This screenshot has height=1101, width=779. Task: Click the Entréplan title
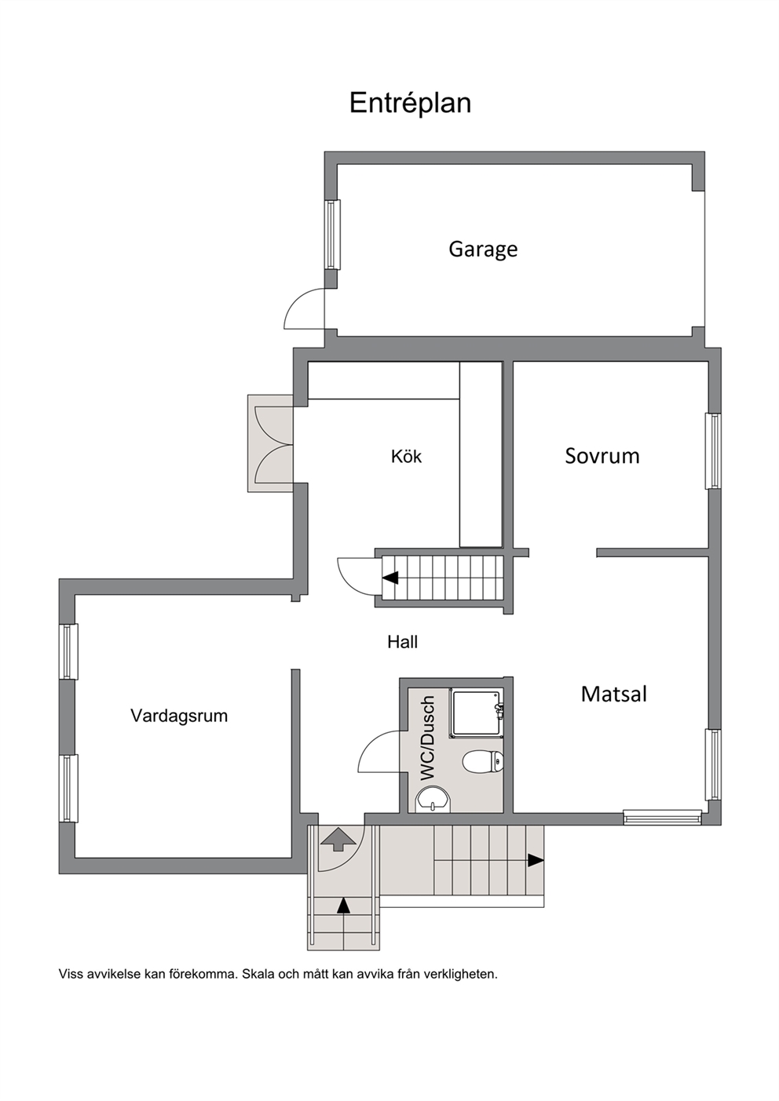coord(410,104)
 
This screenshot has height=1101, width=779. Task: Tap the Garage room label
coord(483,250)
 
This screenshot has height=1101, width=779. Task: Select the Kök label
coord(406,456)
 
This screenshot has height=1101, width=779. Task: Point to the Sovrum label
coord(602,456)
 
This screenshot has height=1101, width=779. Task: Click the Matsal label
coord(614,694)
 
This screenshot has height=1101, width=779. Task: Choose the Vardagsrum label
coord(179,716)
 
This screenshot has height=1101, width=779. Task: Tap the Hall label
coord(402,642)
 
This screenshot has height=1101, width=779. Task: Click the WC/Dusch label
coord(427,738)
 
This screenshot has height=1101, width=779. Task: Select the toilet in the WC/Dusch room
coord(483,761)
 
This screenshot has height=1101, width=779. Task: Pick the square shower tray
coord(476,713)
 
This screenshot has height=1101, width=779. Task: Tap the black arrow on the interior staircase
coord(390,578)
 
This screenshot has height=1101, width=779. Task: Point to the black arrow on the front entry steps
coord(343,905)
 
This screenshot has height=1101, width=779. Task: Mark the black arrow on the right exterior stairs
coord(536,860)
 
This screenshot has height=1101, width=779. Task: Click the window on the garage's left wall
coord(332,235)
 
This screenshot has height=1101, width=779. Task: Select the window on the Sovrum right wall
coord(713,450)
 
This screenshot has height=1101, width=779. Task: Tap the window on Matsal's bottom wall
coord(663,817)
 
